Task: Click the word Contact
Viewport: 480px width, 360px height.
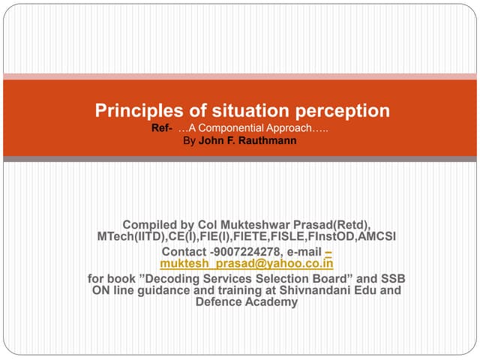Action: coord(184,251)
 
